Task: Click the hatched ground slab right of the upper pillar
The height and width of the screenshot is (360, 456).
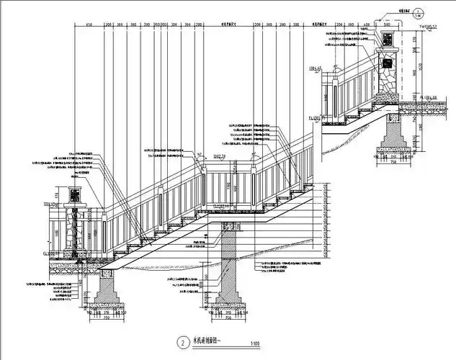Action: coord(425,107)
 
